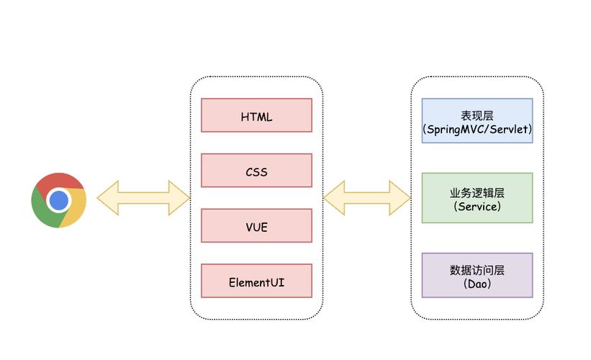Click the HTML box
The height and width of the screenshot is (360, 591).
tap(256, 115)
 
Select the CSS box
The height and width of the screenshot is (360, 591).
tap(256, 171)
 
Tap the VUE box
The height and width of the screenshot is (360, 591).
tap(256, 225)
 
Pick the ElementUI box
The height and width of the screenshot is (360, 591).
tap(256, 281)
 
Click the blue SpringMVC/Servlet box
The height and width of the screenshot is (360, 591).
tap(477, 121)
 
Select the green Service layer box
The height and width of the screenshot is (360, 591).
tap(477, 198)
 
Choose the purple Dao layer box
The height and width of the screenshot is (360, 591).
tap(477, 275)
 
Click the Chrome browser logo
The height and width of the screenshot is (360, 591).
tap(59, 200)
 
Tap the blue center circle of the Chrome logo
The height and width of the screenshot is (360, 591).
tap(59, 200)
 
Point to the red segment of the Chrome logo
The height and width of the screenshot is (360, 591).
tap(57, 181)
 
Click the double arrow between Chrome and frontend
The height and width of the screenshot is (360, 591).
tap(143, 198)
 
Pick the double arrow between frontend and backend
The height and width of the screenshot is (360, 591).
tap(366, 198)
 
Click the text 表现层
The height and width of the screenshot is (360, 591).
tap(477, 115)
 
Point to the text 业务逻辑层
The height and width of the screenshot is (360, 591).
tap(477, 193)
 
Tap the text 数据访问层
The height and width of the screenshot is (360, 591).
tap(477, 270)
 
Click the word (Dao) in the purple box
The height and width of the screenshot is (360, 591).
tap(477, 284)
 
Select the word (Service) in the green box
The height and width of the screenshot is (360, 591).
tap(477, 207)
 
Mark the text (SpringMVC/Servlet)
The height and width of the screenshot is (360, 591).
tap(477, 130)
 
